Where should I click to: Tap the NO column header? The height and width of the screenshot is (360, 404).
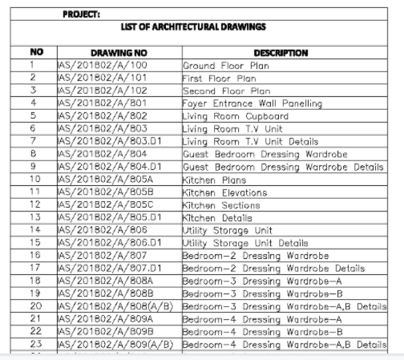pyautogui.click(x=34, y=53)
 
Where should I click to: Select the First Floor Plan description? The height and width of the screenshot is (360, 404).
pyautogui.click(x=219, y=79)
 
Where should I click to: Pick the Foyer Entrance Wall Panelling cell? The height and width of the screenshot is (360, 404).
pyautogui.click(x=252, y=103)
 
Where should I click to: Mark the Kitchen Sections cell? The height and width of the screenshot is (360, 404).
pyautogui.click(x=221, y=204)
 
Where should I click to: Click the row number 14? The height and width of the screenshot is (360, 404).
pyautogui.click(x=34, y=230)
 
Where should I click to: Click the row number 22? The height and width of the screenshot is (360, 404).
pyautogui.click(x=34, y=331)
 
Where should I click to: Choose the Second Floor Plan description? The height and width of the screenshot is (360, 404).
pyautogui.click(x=226, y=91)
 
